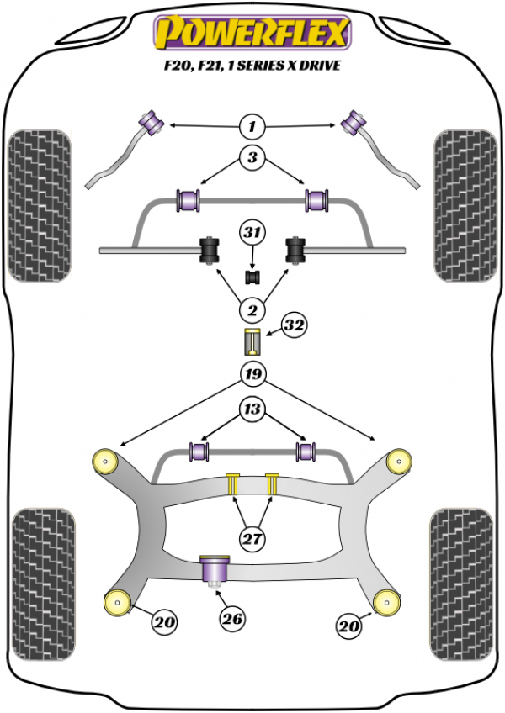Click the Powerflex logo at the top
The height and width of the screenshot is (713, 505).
(x=251, y=34)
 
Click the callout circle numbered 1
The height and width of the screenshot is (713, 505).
(x=251, y=127)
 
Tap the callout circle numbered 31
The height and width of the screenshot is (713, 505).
(x=251, y=232)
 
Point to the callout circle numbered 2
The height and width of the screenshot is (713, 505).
(x=251, y=312)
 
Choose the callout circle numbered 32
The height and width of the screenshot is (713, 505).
(x=293, y=326)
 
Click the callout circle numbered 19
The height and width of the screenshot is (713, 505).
(x=251, y=374)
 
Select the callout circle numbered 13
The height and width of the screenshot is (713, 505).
(x=251, y=410)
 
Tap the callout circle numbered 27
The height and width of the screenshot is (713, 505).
(x=251, y=538)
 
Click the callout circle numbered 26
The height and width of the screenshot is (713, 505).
(x=232, y=620)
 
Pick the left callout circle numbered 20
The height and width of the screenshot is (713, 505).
(x=164, y=623)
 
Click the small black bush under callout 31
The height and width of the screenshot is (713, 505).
(x=251, y=276)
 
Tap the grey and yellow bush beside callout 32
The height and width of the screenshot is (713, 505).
(x=251, y=344)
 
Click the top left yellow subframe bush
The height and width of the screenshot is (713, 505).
(x=107, y=460)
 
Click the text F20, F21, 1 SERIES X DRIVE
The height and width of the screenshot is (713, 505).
(x=252, y=66)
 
